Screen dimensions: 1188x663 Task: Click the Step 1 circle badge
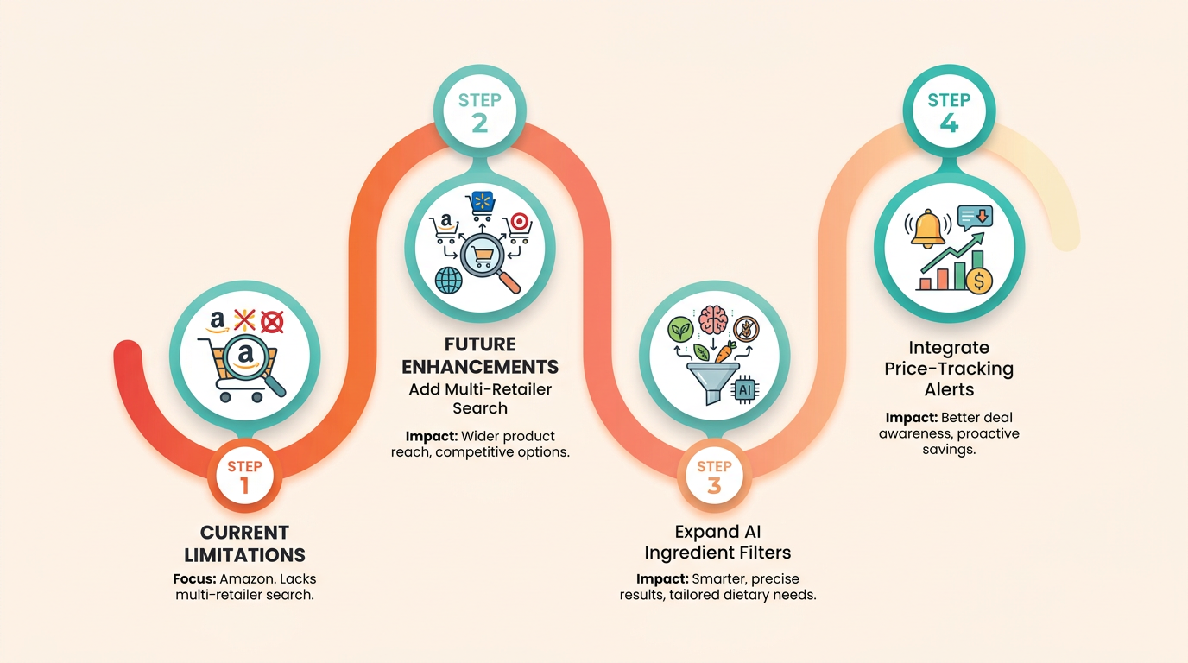coord(244,476)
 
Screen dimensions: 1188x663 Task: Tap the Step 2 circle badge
coord(480,110)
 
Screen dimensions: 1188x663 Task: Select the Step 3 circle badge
coord(714,476)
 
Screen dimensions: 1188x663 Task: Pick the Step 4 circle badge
coord(950,110)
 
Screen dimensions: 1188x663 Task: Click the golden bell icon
coord(927,229)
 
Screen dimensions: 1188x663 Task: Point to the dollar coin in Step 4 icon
coord(979,280)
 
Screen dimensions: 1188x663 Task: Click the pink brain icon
coord(713,319)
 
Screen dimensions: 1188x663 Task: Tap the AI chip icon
coord(745,390)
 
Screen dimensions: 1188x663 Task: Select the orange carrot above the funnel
coord(725,351)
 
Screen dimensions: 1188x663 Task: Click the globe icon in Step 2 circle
coord(449,281)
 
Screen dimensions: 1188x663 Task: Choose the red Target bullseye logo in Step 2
coord(520,222)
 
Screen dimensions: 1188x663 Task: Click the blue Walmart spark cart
coord(481,205)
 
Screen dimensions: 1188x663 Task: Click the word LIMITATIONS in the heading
coord(244,555)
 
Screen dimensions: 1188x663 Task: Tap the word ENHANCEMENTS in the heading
coord(480,367)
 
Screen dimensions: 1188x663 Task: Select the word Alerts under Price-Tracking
coord(950,390)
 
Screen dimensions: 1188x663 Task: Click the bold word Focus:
coord(194,578)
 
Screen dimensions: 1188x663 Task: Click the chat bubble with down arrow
coord(975,218)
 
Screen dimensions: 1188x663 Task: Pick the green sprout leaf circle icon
coord(680,330)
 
